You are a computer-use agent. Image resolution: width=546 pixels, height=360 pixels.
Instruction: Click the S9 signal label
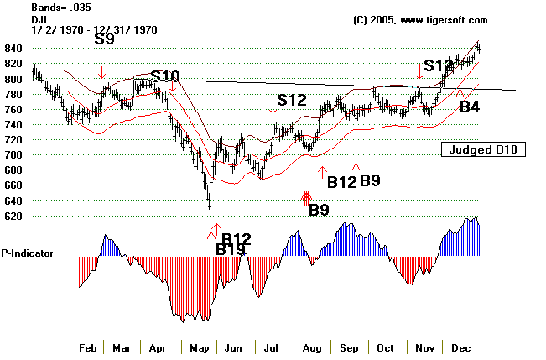tap(105, 39)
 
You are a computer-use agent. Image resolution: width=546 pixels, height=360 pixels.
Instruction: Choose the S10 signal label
tap(164, 76)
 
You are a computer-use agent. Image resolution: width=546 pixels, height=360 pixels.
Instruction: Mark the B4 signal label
tap(470, 107)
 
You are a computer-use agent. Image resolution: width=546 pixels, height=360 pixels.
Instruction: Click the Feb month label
tap(87, 347)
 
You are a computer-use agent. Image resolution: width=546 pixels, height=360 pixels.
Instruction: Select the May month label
tap(198, 347)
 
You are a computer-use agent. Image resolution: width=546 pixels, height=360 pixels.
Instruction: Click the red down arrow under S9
tap(101, 73)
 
